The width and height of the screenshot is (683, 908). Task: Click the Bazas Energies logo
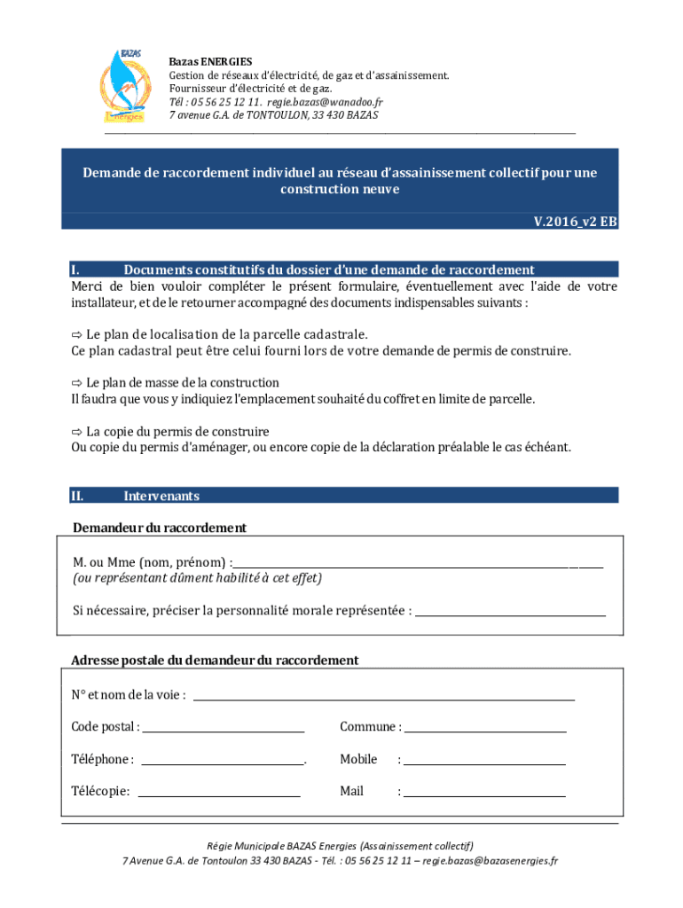click(x=125, y=87)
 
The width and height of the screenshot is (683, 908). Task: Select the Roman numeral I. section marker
click(x=76, y=270)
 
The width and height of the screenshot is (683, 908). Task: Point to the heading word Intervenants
click(x=161, y=497)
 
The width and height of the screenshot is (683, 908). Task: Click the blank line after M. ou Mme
click(x=417, y=565)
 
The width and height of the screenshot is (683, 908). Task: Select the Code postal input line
click(x=223, y=731)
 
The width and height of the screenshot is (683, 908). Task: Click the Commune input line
click(x=485, y=731)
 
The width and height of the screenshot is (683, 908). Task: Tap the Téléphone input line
click(x=223, y=763)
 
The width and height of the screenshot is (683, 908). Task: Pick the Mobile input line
click(x=484, y=763)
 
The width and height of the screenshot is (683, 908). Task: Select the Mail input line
click(x=484, y=794)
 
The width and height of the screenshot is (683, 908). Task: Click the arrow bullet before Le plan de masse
click(x=76, y=383)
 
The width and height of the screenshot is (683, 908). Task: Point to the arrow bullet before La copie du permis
click(x=76, y=432)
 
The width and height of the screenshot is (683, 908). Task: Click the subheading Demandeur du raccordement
click(x=160, y=528)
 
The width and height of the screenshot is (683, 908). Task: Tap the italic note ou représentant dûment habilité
click(x=197, y=578)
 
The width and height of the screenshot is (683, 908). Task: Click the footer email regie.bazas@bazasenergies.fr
click(x=490, y=860)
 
